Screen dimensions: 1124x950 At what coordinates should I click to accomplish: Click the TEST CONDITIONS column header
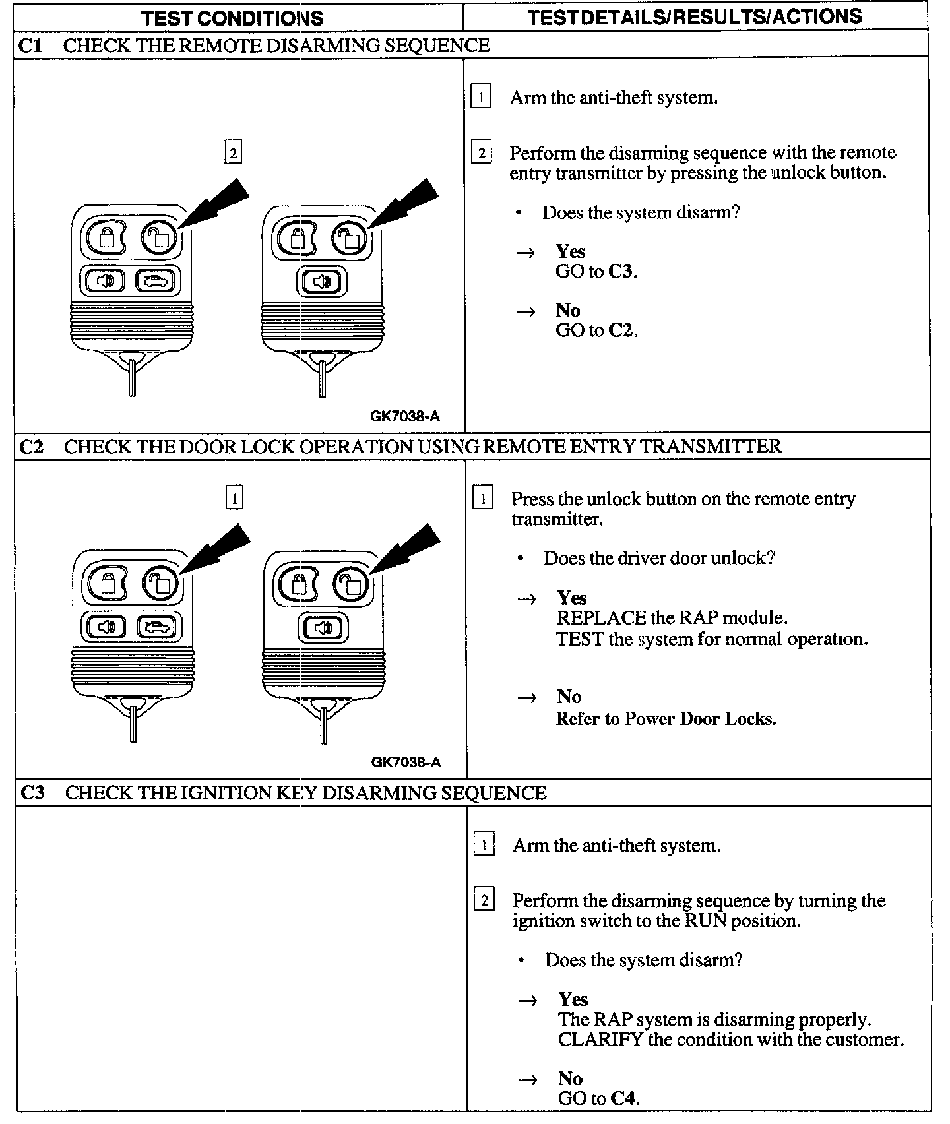232,18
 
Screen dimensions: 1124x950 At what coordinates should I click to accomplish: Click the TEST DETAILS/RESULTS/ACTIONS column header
695,17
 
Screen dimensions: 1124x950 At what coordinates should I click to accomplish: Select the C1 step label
30,46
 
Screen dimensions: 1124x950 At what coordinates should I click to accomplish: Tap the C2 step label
31,447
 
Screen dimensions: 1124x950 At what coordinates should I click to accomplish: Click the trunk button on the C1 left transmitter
156,282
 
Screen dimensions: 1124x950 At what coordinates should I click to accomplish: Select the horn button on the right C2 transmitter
322,627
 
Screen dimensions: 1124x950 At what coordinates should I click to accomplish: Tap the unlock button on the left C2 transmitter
160,582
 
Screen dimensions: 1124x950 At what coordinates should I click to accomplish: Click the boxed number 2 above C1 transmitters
232,153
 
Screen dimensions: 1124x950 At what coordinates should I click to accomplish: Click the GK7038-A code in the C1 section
404,416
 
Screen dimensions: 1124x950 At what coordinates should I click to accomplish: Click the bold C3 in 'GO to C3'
621,271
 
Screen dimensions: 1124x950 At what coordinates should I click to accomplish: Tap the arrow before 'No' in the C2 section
527,698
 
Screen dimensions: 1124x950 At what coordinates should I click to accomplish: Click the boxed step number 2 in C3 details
484,900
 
